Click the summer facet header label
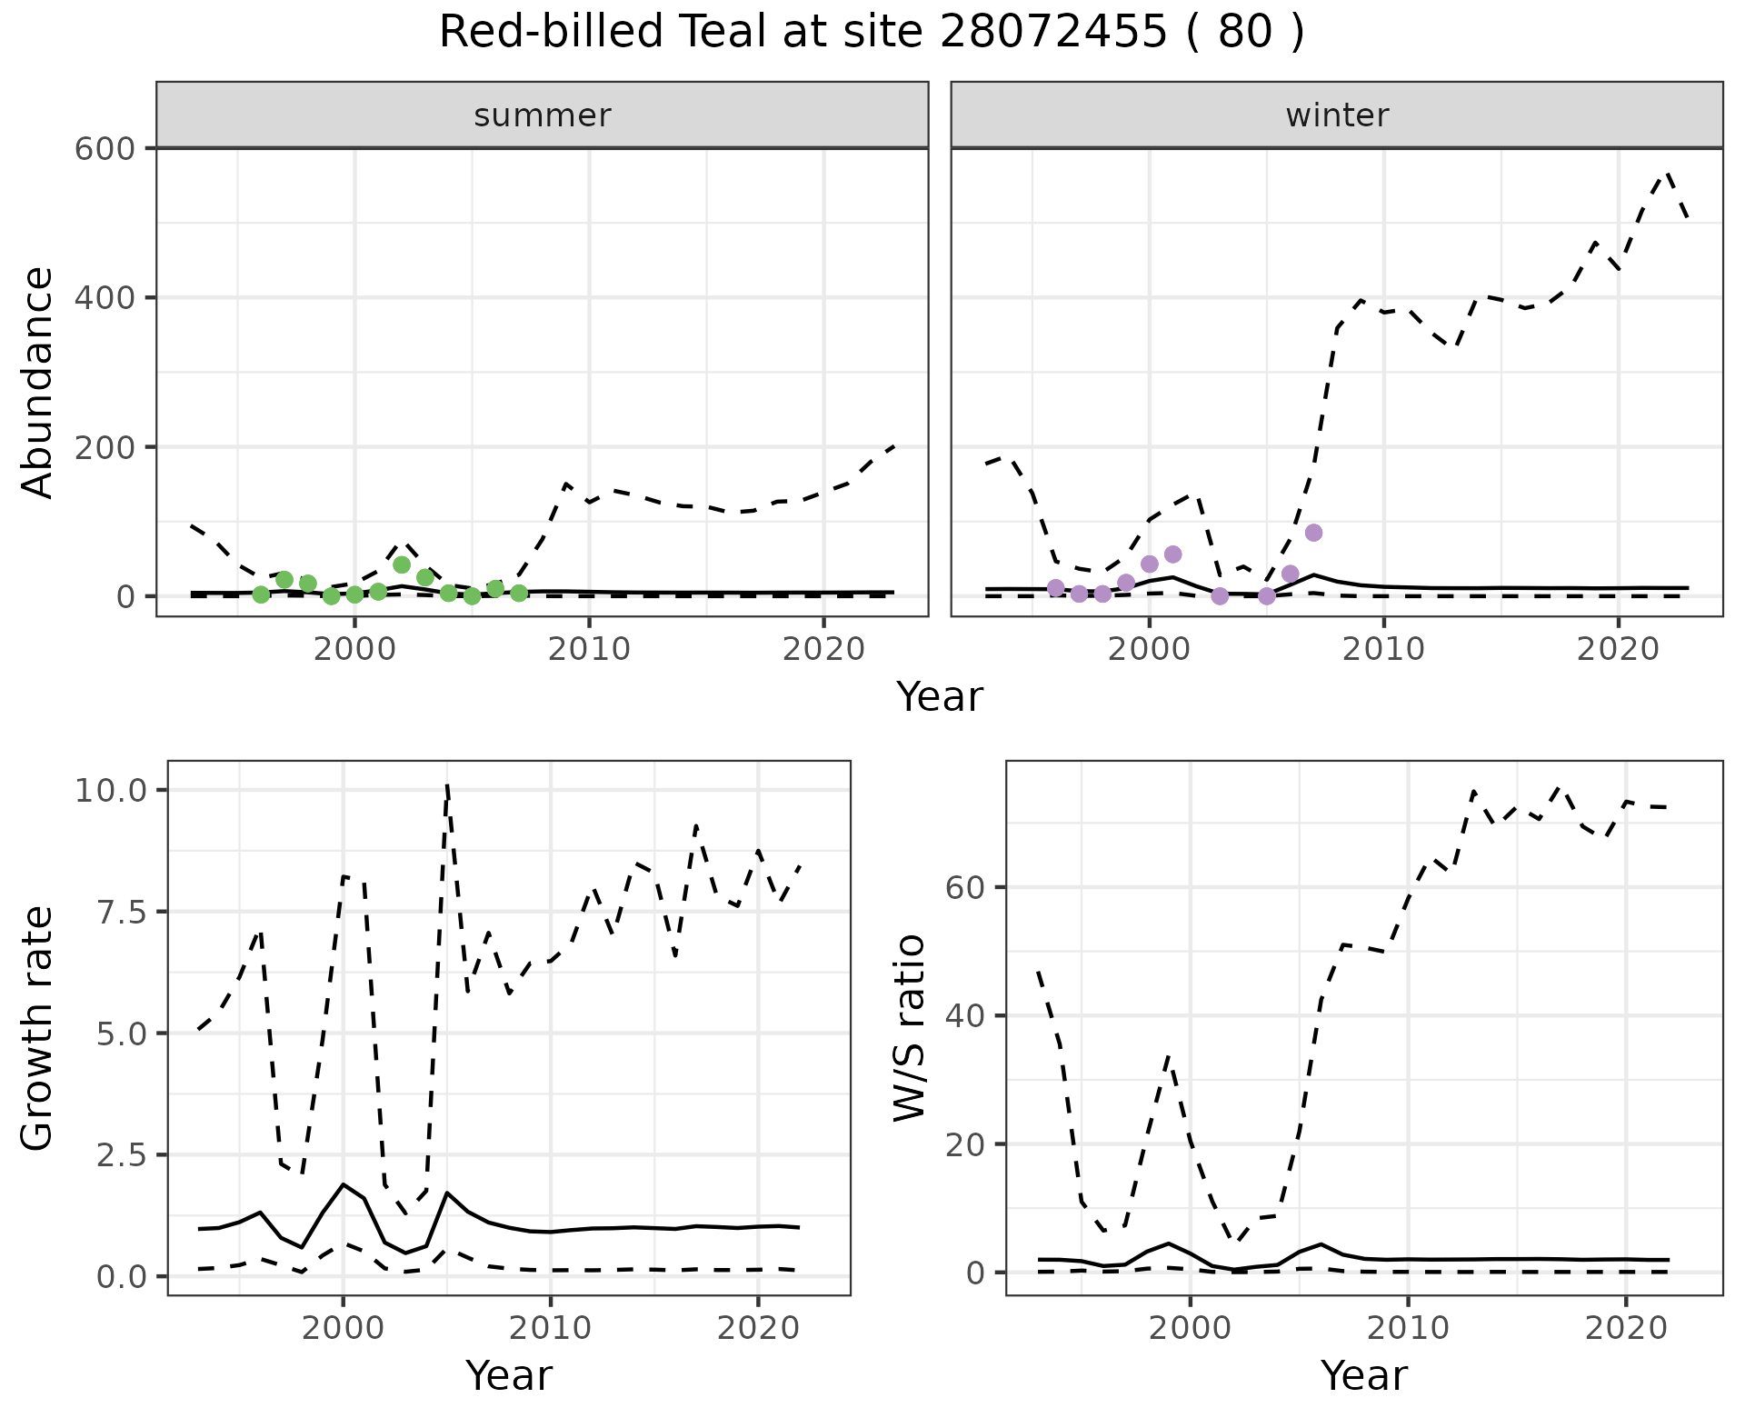543,115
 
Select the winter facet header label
1337,115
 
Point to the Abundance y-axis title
38,382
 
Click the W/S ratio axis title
909,1028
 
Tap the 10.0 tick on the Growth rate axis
111,790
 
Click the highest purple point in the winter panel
1313,533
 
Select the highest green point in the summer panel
402,564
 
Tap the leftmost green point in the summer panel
261,594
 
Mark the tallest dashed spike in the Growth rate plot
447,784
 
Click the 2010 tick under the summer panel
589,649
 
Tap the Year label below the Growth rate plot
509,1376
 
